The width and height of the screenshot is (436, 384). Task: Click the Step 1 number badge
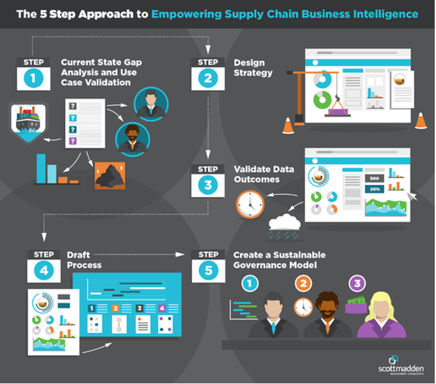click(x=33, y=78)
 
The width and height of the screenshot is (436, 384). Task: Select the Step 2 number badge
click(x=208, y=78)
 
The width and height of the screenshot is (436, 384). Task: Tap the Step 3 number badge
click(x=208, y=185)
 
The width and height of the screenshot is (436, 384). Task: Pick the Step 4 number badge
click(x=43, y=269)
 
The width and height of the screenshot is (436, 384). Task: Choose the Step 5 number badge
click(x=208, y=269)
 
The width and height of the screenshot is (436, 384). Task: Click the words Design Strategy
click(x=253, y=68)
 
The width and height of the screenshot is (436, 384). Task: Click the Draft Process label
click(x=84, y=260)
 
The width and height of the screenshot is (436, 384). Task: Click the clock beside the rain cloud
click(x=250, y=204)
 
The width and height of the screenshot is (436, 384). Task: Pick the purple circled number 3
click(x=357, y=282)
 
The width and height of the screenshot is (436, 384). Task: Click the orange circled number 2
click(x=303, y=282)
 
